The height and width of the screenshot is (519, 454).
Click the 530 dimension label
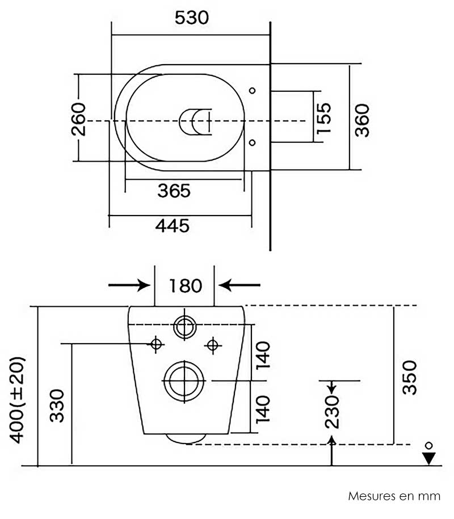[191, 18]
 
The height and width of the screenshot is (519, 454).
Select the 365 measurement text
[174, 191]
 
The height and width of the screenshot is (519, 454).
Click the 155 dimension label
[323, 118]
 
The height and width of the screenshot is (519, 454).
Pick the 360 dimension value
[362, 120]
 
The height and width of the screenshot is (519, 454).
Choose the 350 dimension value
[409, 377]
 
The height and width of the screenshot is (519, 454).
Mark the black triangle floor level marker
[429, 458]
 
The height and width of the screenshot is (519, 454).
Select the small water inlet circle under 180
[184, 326]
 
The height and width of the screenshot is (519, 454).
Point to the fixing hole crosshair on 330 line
[155, 344]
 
